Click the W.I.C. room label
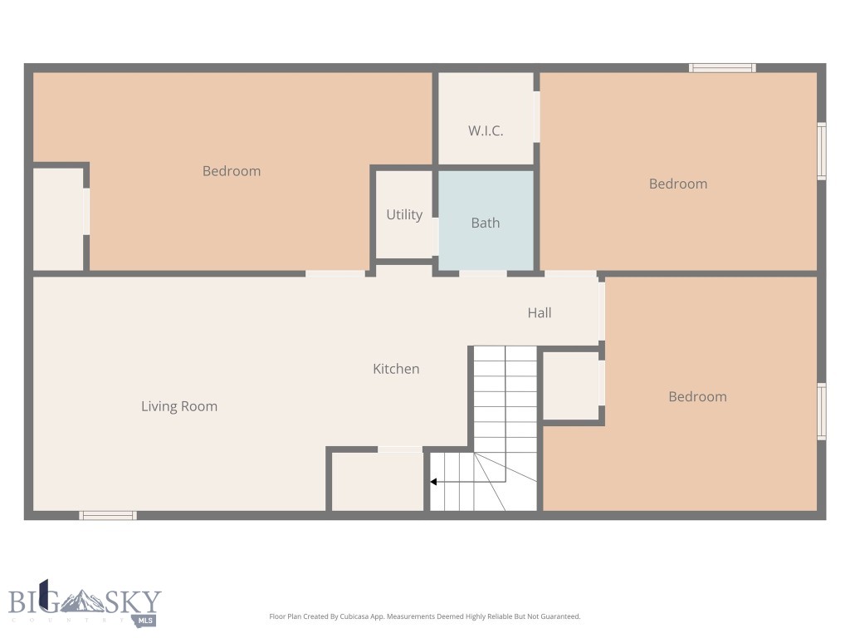point(486,131)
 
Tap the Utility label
point(404,215)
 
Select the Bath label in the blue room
point(486,223)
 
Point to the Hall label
point(540,313)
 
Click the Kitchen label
point(396,369)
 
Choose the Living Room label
point(179,406)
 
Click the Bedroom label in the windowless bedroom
point(232,171)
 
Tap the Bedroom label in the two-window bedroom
point(678,184)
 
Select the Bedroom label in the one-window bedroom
point(697,397)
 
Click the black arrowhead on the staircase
point(433,482)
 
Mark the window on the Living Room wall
point(108,516)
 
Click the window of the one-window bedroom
point(821,410)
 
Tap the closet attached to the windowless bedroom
point(58,218)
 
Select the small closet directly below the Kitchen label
point(378,482)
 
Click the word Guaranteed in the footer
point(559,617)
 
